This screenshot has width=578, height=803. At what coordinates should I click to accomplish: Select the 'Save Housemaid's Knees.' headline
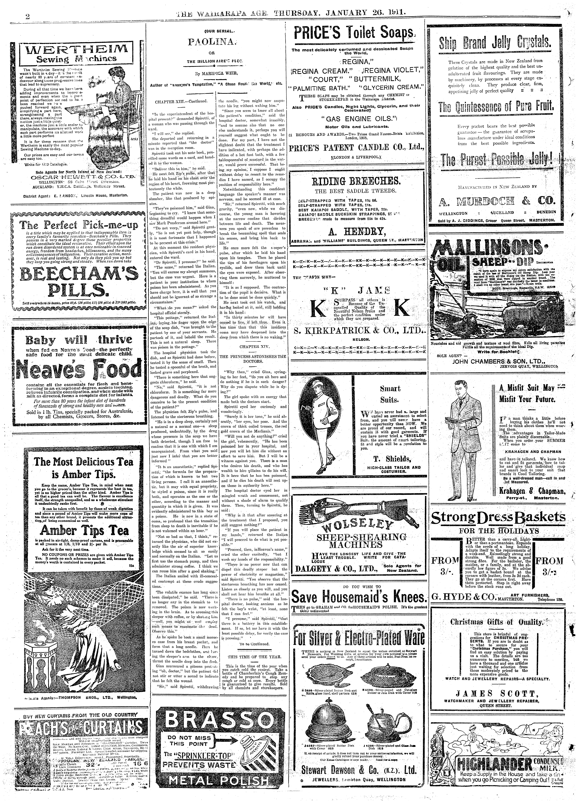tap(358, 597)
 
